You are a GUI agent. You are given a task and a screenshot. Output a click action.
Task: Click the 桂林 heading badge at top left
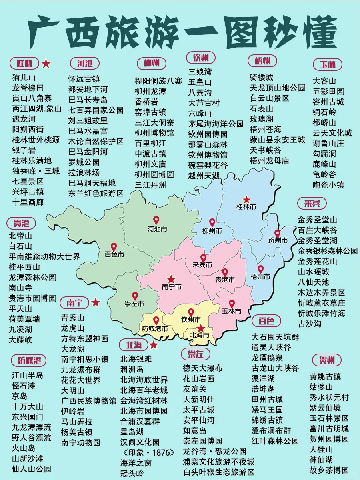(25, 63)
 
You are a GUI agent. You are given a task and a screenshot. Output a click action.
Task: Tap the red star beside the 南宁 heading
(96, 302)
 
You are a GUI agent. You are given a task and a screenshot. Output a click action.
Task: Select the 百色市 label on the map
(114, 254)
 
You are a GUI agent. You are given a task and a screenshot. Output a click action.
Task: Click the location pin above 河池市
(156, 220)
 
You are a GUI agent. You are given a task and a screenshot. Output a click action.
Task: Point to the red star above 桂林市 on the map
(247, 199)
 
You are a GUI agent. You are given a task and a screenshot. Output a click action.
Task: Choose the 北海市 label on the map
(200, 335)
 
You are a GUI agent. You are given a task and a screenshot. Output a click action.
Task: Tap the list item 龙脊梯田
(28, 88)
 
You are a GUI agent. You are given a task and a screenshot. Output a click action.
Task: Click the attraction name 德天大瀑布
(203, 368)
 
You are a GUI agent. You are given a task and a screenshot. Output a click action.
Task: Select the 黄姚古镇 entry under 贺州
(325, 376)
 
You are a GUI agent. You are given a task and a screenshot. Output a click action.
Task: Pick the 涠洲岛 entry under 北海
(132, 369)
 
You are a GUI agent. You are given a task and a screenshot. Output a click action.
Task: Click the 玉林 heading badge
(327, 64)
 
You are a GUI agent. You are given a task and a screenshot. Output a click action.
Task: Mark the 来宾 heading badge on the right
(312, 203)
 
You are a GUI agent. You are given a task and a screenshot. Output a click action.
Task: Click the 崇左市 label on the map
(134, 304)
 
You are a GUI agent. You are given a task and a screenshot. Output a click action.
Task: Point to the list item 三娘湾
(200, 72)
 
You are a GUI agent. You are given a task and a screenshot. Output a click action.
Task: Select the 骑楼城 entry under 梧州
(262, 78)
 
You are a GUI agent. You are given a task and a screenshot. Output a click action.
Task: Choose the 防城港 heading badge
(26, 360)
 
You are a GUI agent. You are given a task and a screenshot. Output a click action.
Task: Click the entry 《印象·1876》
(148, 452)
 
